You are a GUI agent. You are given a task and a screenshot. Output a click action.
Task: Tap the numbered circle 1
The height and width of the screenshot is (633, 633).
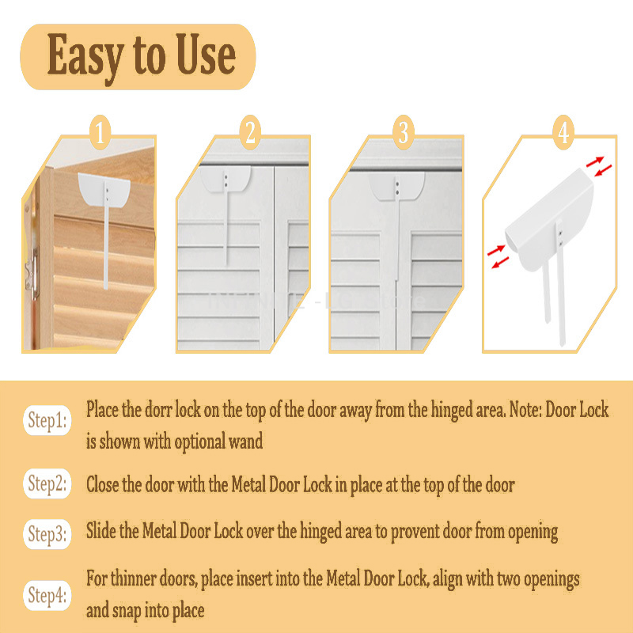[99, 133]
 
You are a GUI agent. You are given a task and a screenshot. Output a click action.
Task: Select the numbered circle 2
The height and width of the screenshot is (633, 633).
[251, 133]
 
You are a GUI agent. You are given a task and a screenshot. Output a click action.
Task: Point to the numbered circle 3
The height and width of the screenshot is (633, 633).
[404, 133]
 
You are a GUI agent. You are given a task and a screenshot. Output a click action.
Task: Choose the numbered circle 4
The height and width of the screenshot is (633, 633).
[563, 133]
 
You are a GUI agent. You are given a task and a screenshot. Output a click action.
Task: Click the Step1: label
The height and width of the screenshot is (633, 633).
[47, 420]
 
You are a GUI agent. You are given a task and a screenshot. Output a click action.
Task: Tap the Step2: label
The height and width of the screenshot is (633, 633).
[47, 483]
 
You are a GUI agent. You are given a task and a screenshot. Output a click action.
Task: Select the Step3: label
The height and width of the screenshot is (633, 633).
[47, 534]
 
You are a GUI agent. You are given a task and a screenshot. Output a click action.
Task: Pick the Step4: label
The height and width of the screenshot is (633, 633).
[47, 593]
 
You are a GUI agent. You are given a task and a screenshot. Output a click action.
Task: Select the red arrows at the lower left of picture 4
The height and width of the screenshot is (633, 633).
[498, 257]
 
